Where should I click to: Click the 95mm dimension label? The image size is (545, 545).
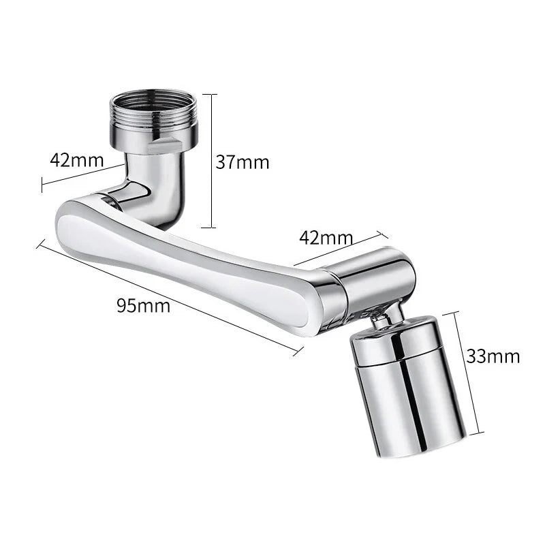143,305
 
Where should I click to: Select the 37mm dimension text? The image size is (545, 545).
243,162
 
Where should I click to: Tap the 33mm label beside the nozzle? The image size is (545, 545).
493,356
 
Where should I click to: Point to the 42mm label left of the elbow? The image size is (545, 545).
76,160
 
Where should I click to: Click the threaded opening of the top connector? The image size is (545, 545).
153,102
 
